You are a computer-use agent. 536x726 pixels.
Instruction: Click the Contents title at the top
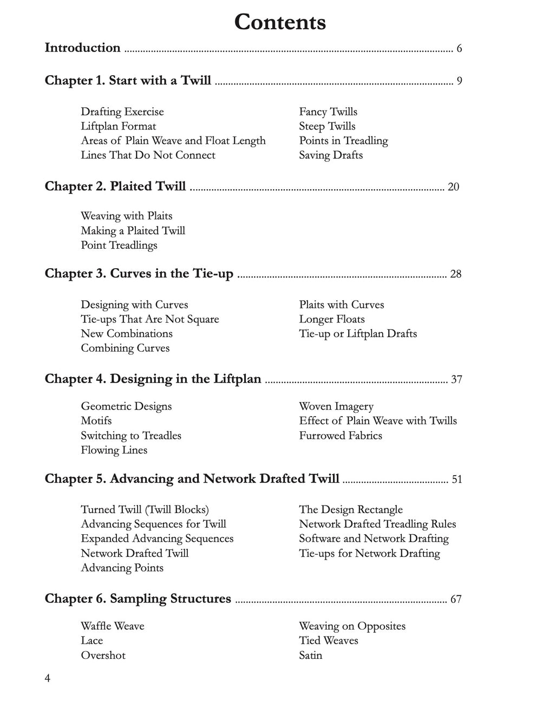pos(280,22)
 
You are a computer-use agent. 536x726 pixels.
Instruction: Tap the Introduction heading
pos(82,48)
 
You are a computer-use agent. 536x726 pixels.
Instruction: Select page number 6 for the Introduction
pos(459,49)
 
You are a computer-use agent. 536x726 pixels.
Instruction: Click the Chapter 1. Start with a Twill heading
pos(128,81)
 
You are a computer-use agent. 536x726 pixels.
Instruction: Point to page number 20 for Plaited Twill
pos(453,187)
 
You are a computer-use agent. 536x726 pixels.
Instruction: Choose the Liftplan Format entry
pos(118,126)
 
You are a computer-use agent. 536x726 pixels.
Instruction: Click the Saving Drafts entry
pos(331,155)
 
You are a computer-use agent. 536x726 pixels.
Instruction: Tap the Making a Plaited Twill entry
pos(133,231)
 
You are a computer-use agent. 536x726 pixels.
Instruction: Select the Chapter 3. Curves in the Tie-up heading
pos(139,273)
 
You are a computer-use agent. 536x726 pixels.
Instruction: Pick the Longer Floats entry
pos(332,319)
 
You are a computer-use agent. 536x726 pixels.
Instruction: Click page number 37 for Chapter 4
pos(456,379)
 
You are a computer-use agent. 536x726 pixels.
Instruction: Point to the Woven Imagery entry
pos(336,406)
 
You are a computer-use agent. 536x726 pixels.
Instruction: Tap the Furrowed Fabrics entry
pos(341,436)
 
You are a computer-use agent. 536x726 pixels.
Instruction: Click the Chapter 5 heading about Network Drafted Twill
pos(192,479)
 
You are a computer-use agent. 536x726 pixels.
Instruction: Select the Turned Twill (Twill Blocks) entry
pos(145,509)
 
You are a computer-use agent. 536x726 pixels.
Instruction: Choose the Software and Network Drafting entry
pos(374,539)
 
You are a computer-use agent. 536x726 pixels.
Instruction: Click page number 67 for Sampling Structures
pos(456,599)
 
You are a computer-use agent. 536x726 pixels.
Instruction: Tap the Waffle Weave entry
pos(113,626)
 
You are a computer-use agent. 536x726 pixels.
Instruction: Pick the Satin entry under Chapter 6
pos(310,656)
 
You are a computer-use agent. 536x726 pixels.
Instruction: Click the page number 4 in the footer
pos(48,678)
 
